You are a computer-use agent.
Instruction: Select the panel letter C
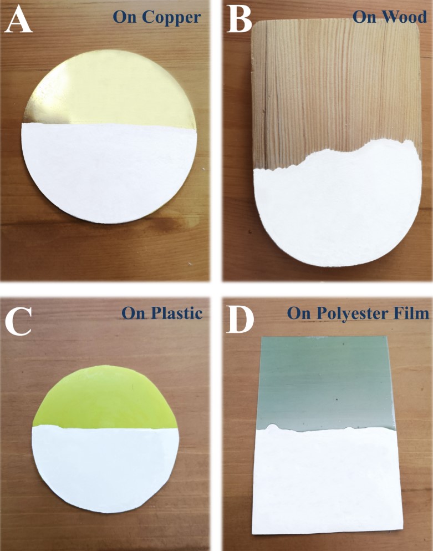click(18, 321)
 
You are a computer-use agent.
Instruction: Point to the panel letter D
click(240, 319)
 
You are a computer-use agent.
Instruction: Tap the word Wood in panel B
click(406, 16)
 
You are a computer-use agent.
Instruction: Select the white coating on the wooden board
click(337, 208)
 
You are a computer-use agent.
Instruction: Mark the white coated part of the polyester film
click(327, 482)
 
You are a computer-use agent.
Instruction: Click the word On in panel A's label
click(124, 17)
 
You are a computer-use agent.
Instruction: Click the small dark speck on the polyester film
click(337, 400)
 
